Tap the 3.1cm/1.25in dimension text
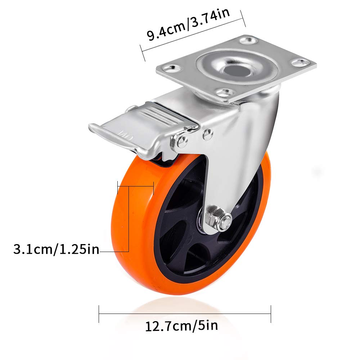point(56,249)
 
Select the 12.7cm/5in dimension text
point(181,327)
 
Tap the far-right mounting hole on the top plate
point(300,63)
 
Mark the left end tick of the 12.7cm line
point(99,314)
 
